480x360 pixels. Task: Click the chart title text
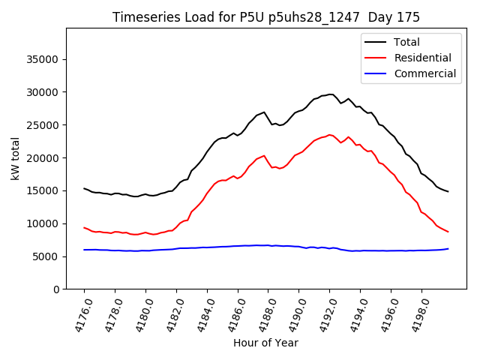(266, 17)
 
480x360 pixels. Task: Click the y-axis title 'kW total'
(16, 158)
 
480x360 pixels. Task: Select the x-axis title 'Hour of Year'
(266, 343)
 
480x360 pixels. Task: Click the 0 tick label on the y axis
(56, 289)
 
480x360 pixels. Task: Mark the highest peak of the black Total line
(331, 94)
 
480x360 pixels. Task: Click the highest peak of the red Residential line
(329, 135)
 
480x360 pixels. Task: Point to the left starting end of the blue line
(84, 250)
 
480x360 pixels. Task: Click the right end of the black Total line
(448, 192)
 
